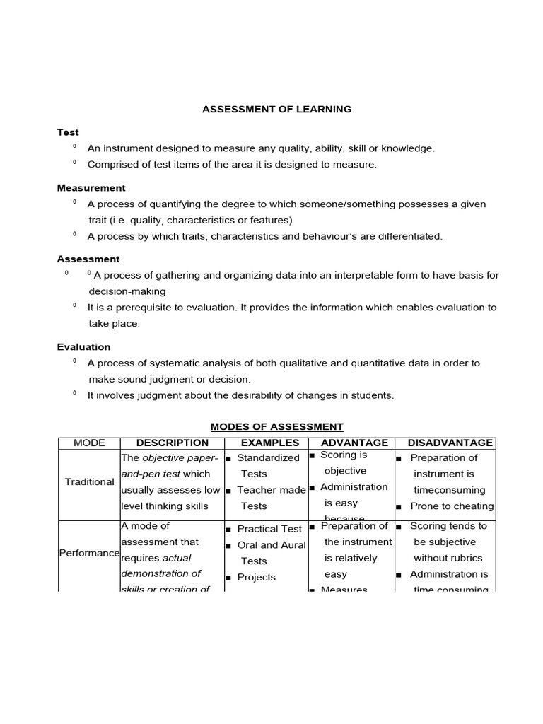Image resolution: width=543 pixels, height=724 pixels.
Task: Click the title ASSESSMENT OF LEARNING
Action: (276, 110)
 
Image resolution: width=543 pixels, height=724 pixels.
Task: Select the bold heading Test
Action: (68, 132)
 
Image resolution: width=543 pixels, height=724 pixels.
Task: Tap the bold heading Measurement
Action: (91, 188)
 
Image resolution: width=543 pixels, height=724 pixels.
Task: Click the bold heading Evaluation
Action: (83, 347)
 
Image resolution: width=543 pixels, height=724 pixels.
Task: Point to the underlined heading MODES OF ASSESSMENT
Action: (276, 426)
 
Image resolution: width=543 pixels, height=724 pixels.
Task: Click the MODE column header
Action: (89, 443)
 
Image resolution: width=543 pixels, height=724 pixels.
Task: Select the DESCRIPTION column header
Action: (172, 443)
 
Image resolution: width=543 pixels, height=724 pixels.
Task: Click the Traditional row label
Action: (89, 482)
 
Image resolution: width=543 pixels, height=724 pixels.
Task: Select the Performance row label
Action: (89, 553)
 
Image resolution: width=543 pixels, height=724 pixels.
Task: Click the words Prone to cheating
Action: (452, 506)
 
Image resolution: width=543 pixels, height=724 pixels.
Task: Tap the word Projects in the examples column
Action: (256, 578)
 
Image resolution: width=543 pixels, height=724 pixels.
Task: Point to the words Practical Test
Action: (269, 529)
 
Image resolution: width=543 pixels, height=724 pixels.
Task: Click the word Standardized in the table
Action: (268, 458)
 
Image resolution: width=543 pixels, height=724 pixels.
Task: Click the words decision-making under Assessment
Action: (127, 291)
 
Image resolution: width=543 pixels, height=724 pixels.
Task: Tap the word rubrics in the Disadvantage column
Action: (467, 559)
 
